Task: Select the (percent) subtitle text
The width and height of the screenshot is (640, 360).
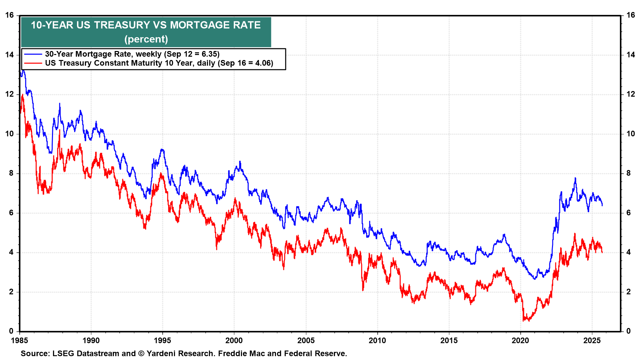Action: coord(146,39)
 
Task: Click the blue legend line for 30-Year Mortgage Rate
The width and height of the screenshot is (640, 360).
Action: coord(33,54)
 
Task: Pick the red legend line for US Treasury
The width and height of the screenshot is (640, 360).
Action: coord(33,63)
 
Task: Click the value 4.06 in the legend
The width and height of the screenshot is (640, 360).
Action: coord(263,63)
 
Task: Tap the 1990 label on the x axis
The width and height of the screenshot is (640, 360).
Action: coord(91,341)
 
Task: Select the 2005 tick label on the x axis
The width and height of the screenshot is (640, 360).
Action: coord(306,341)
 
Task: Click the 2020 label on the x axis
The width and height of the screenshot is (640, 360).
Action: coord(520,341)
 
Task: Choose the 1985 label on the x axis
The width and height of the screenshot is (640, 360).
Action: coord(20,341)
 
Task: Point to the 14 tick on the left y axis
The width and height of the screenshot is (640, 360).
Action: coord(10,55)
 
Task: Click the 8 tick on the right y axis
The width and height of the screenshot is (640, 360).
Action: coord(628,173)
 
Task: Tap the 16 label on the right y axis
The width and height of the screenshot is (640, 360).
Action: coord(630,15)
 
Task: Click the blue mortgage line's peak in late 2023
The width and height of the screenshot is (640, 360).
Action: coord(575,178)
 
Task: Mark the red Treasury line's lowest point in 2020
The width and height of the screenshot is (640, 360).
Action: coord(524,321)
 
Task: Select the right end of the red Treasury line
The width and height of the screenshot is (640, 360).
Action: coord(602,252)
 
